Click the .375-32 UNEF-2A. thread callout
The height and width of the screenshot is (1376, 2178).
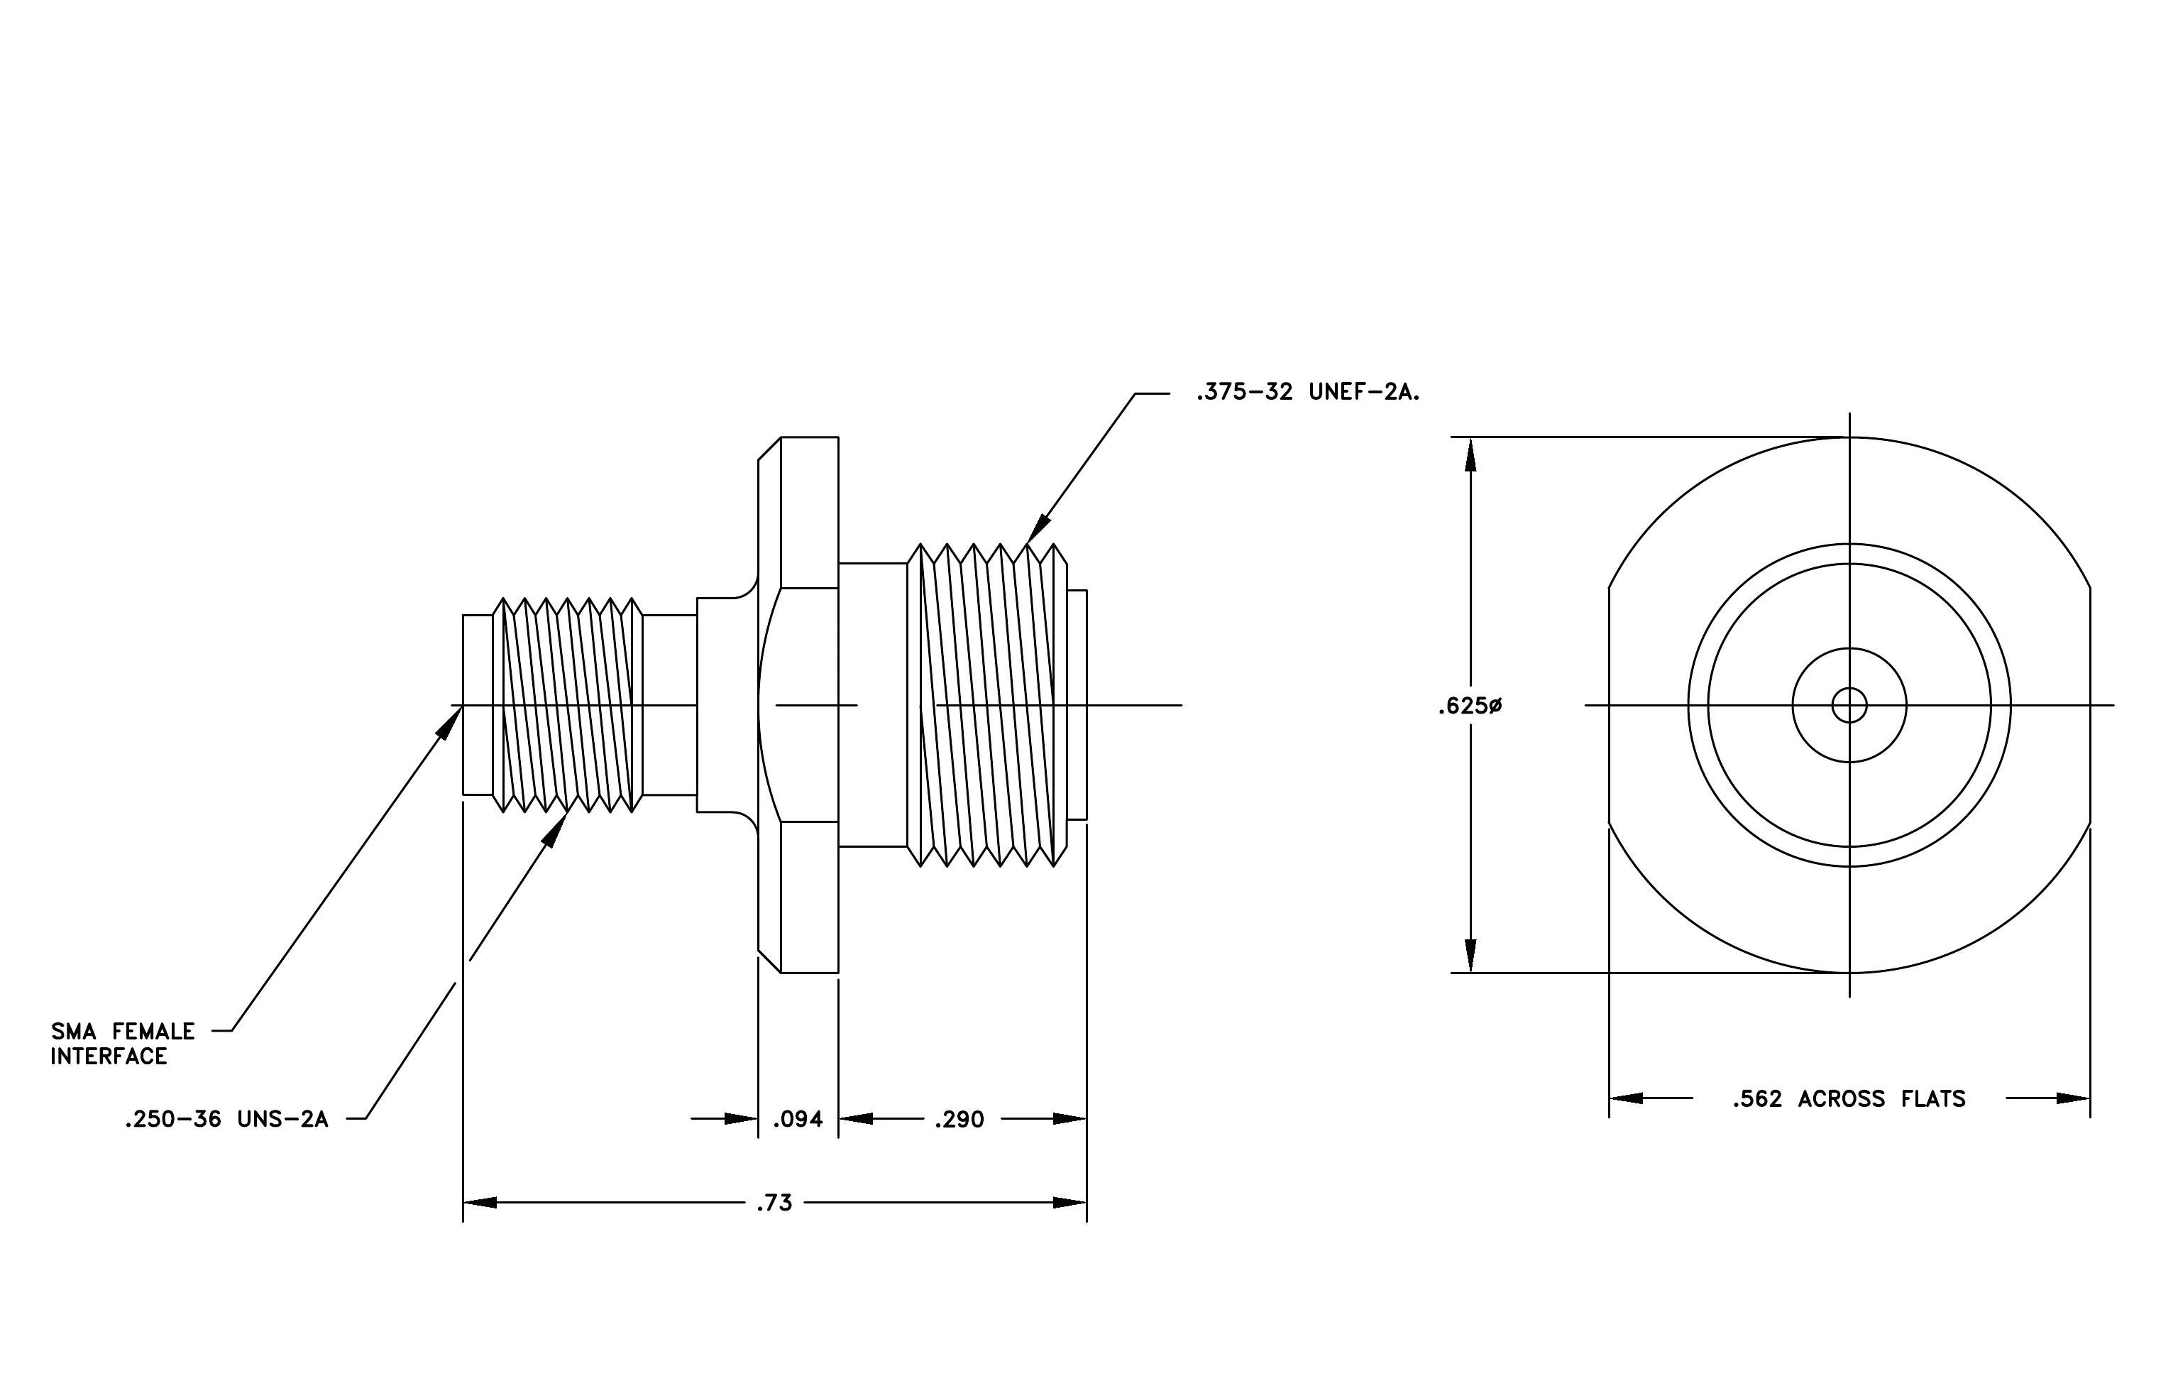(x=1307, y=393)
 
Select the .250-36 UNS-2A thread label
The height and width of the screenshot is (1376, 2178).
(x=226, y=1120)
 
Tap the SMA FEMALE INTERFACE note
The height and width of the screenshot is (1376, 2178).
(x=122, y=1044)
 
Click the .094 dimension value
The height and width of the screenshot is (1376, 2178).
(x=798, y=1120)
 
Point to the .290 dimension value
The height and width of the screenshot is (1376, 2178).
(x=959, y=1120)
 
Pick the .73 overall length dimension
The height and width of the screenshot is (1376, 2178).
(x=774, y=1203)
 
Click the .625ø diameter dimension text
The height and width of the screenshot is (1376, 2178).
(x=1470, y=706)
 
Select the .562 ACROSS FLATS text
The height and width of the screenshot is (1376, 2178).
(x=1849, y=1099)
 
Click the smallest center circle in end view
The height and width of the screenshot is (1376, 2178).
(x=1849, y=706)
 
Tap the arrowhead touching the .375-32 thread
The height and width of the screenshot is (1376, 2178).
(x=1039, y=529)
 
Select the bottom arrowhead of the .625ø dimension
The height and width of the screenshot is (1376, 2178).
(x=1470, y=956)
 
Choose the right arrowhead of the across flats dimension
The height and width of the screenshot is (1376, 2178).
(x=2073, y=1098)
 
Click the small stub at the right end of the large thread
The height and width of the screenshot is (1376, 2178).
(x=1077, y=705)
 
